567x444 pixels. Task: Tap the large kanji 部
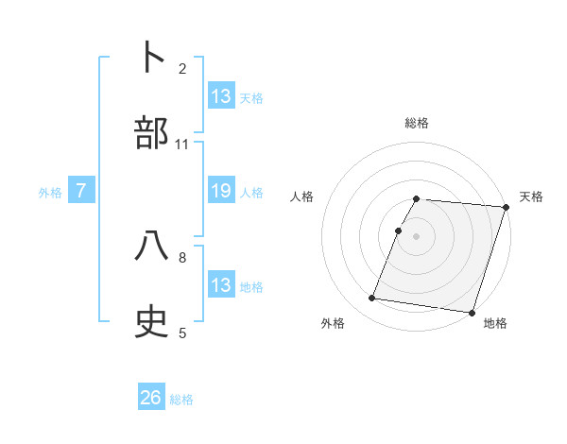click(152, 133)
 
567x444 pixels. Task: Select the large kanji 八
click(152, 247)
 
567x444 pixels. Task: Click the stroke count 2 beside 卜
click(182, 68)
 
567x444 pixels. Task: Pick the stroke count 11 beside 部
click(182, 145)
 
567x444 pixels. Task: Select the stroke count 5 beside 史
click(182, 333)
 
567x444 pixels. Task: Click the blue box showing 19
click(221, 192)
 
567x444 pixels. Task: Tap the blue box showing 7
click(82, 192)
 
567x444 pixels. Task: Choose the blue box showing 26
click(151, 399)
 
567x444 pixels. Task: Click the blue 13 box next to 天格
click(221, 96)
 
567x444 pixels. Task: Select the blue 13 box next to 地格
click(221, 285)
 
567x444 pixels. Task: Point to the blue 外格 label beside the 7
click(50, 193)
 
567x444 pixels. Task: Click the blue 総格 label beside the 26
click(181, 400)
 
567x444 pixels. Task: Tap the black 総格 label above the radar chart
click(417, 123)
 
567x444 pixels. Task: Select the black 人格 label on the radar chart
click(302, 196)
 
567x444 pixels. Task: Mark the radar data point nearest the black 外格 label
click(372, 299)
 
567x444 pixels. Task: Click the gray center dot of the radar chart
click(417, 235)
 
